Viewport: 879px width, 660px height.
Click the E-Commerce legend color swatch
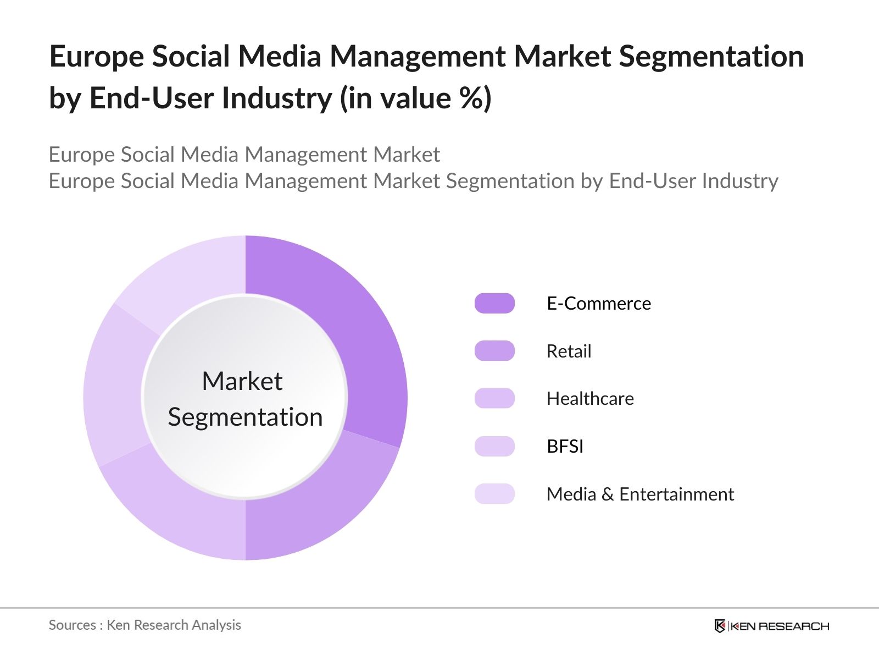(494, 304)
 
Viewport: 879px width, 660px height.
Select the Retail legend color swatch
(494, 351)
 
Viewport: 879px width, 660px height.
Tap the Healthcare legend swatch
(494, 398)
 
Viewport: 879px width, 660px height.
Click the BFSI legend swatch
(494, 446)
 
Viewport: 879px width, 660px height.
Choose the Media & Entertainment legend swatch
(494, 494)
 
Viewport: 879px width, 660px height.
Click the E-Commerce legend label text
(599, 304)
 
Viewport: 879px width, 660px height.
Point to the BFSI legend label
(565, 446)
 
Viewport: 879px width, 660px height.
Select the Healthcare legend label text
(590, 398)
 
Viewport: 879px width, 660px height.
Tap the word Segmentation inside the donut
(245, 417)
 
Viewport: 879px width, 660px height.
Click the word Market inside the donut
(242, 381)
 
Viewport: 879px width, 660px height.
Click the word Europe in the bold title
(96, 57)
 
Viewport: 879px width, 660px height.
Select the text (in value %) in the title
(416, 98)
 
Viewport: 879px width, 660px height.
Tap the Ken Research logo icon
(720, 626)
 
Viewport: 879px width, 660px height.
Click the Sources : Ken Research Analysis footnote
(145, 625)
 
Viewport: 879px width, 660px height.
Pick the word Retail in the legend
(569, 351)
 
